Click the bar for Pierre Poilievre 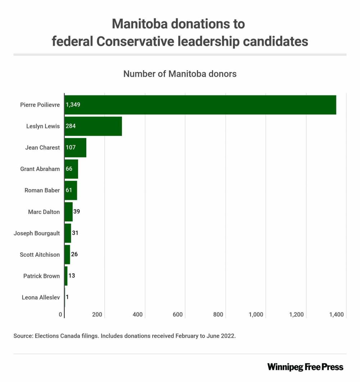[200, 105]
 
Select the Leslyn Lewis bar [93, 126]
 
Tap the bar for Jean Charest [75, 148]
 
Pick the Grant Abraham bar [71, 169]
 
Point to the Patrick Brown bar [66, 276]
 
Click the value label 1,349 [73, 105]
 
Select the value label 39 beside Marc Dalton [76, 212]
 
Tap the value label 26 [74, 255]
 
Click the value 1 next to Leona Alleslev [67, 297]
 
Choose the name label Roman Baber [42, 190]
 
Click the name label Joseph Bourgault [37, 233]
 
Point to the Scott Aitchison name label [40, 255]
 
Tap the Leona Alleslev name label [41, 297]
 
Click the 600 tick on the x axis [177, 315]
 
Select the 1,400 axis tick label [336, 315]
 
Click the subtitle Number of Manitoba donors [180, 74]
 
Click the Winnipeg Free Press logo [305, 367]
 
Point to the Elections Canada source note [125, 336]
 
